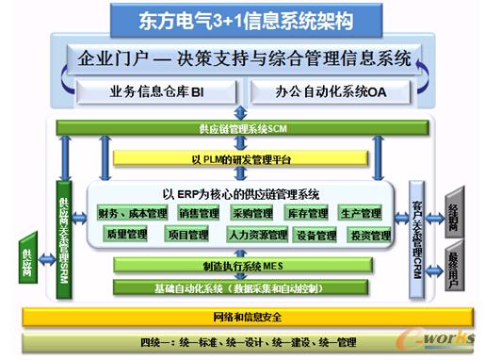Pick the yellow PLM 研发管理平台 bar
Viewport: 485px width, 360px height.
[x=244, y=160]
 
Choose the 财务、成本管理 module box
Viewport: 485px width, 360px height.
[x=131, y=214]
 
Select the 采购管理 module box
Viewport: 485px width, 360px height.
[x=251, y=214]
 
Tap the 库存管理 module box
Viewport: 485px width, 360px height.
[x=307, y=214]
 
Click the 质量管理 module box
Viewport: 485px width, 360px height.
[x=128, y=234]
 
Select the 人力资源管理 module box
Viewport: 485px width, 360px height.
[x=253, y=234]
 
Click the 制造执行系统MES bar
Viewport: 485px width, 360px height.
[x=243, y=266]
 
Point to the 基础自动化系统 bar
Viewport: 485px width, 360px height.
[x=243, y=286]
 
